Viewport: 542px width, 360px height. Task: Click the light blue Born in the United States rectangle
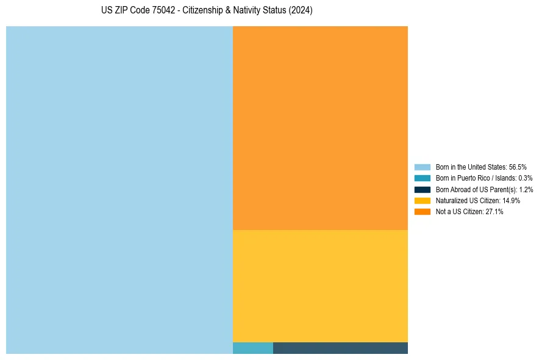click(119, 190)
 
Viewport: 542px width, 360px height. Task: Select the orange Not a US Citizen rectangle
click(320, 128)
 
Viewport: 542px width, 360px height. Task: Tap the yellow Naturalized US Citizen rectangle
click(320, 286)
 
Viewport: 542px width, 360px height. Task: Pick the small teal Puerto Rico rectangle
click(253, 348)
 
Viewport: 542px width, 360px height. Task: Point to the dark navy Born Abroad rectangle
click(340, 348)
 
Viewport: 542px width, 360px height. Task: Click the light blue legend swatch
click(423, 167)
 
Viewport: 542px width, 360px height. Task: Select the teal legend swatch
click(423, 178)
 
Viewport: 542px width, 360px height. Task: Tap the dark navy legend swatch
click(423, 189)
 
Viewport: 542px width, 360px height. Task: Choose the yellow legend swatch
click(423, 201)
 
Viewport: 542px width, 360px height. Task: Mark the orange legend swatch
click(423, 212)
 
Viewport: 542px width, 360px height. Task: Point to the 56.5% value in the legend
click(518, 167)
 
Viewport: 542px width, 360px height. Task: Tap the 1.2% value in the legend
click(526, 189)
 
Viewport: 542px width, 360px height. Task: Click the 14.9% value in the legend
click(511, 201)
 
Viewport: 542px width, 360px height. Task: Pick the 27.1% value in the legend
click(494, 212)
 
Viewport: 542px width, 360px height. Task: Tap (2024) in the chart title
click(301, 11)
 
